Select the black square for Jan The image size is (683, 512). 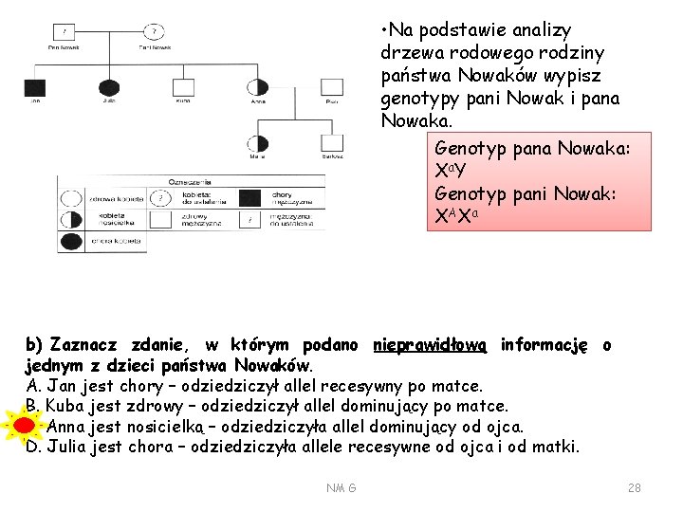pos(34,87)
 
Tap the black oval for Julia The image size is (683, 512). pos(110,87)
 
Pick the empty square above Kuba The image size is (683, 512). pos(183,87)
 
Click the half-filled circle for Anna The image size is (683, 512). pos(257,87)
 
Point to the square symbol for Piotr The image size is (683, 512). pos(332,87)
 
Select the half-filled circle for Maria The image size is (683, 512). pos(257,143)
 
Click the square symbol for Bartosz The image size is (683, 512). pos(332,143)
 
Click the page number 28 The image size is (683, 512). pos(635,487)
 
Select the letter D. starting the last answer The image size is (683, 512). pos(34,447)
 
